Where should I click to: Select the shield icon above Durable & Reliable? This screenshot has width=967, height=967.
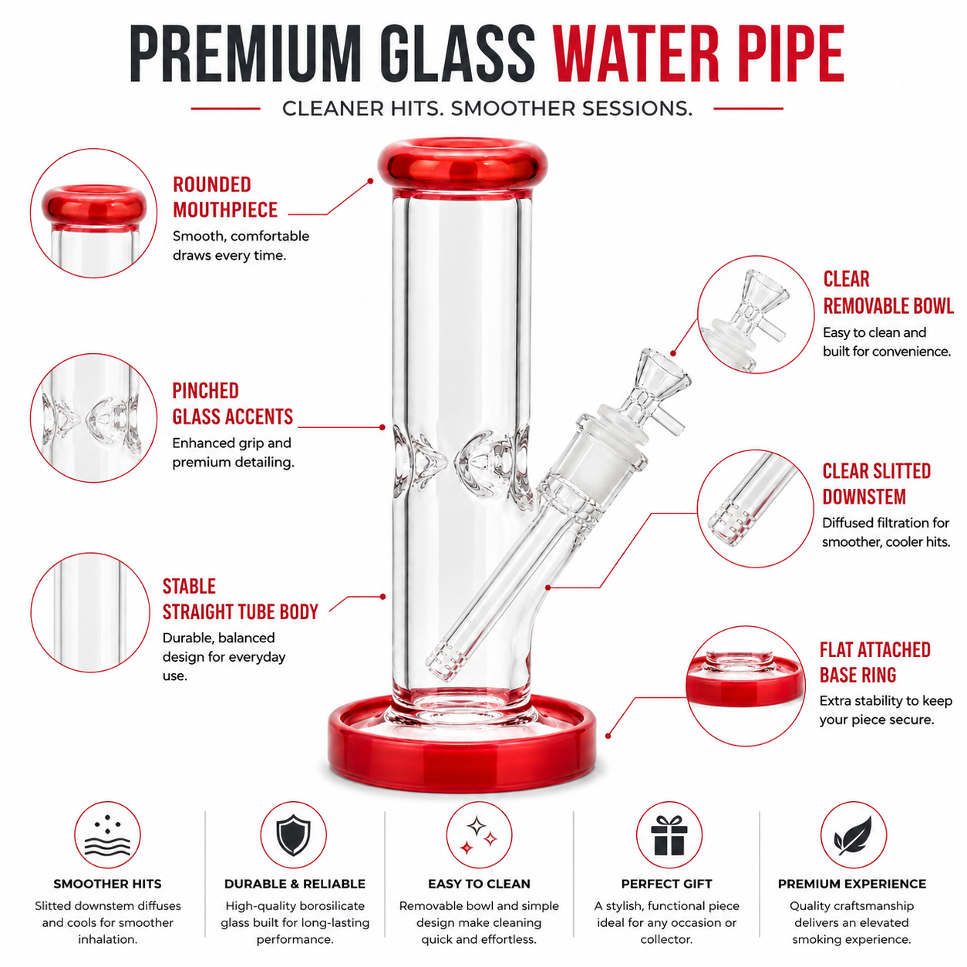click(x=294, y=835)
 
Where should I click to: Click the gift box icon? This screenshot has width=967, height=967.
click(x=669, y=835)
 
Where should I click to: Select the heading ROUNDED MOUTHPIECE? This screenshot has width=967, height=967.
click(x=225, y=197)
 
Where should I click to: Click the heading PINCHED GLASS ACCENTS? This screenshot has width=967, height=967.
click(x=232, y=403)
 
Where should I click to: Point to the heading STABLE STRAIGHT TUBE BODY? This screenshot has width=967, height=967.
click(x=240, y=599)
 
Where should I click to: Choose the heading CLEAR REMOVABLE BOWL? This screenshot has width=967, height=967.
click(x=888, y=292)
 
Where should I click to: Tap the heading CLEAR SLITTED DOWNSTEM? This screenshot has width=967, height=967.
click(x=876, y=484)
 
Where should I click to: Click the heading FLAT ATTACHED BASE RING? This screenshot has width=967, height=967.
click(x=874, y=662)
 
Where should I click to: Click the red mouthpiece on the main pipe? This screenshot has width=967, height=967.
click(x=462, y=167)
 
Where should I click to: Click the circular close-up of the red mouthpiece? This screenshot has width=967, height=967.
click(x=94, y=213)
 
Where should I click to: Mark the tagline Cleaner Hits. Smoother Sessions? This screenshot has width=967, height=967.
click(x=487, y=109)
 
